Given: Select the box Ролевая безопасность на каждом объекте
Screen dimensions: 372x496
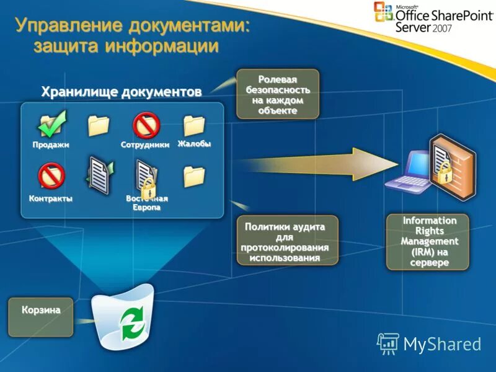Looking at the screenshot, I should coord(277,94).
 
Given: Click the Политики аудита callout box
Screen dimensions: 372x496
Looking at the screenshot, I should coord(288,240).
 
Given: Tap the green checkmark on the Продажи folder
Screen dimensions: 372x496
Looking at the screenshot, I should coord(53,123).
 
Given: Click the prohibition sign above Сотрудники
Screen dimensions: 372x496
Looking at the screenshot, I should coord(147,125).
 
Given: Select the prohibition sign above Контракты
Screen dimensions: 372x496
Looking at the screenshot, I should coord(51,175).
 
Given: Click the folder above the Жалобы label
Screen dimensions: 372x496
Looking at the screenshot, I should coord(194,125).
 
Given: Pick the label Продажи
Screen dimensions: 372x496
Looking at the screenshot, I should coord(51,145).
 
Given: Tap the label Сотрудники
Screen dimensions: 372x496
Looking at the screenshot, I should coord(145,145).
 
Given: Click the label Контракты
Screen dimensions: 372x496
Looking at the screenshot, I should coord(51,199).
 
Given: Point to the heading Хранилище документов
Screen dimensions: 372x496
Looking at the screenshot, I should coord(122,92).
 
